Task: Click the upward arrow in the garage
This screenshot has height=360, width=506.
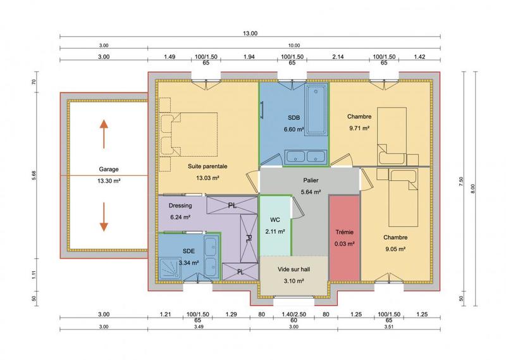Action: pos(102,132)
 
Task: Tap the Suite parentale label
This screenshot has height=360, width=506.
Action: pos(207,166)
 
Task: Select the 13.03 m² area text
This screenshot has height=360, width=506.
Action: pos(207,178)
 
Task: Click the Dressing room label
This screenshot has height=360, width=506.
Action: pos(180,206)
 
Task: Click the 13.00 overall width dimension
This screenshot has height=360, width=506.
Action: pos(251,34)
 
